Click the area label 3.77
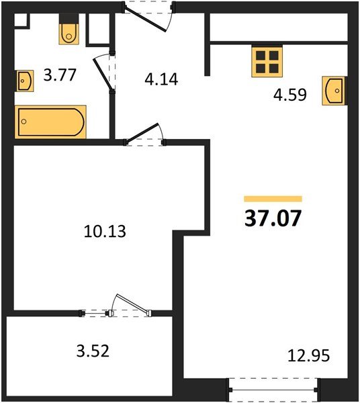pyautogui.click(x=60, y=75)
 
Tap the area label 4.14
pyautogui.click(x=161, y=79)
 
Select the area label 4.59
pyautogui.click(x=290, y=95)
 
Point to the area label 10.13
pyautogui.click(x=105, y=231)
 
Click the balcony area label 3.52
pyautogui.click(x=93, y=351)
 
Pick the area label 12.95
pyautogui.click(x=308, y=356)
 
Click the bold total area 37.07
pyautogui.click(x=273, y=218)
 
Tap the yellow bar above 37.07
pyautogui.click(x=273, y=199)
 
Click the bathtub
pyautogui.click(x=50, y=122)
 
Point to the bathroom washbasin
pyautogui.click(x=25, y=81)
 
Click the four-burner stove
pyautogui.click(x=267, y=62)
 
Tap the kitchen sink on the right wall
pyautogui.click(x=334, y=91)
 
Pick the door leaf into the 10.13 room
pyautogui.click(x=142, y=133)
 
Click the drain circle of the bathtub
pyautogui.click(x=24, y=122)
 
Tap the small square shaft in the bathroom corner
pyautogui.click(x=21, y=20)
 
